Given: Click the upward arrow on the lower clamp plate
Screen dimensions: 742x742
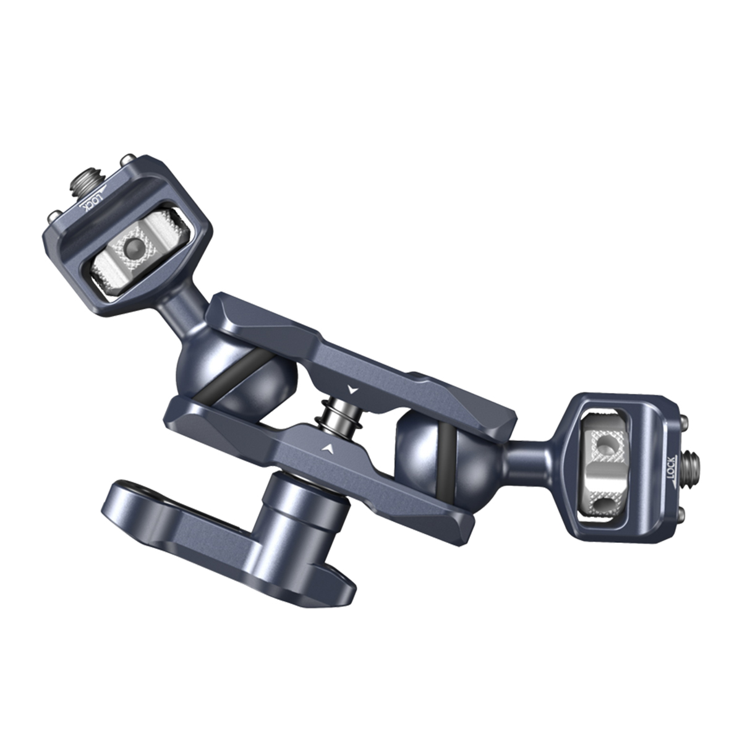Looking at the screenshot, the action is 328,447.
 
